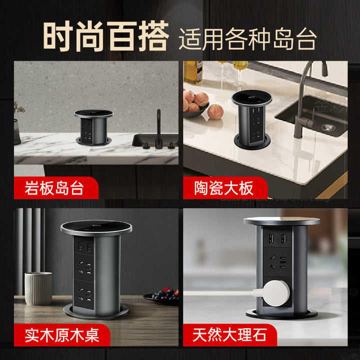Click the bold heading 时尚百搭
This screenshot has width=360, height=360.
point(106,36)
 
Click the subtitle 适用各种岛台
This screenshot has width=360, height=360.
point(247,39)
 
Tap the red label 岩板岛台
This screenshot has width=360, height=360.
point(54,188)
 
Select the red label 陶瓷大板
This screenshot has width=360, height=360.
point(223,188)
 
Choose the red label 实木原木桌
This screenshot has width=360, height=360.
point(62,335)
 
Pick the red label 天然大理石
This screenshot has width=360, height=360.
point(229,335)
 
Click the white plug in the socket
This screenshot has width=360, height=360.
point(273,293)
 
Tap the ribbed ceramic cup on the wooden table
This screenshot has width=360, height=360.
point(38,288)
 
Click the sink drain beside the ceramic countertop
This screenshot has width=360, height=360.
point(328,127)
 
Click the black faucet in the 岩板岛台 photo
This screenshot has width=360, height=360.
point(158,129)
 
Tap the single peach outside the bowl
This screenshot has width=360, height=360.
point(215,112)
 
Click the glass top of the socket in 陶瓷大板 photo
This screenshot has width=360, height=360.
point(252,98)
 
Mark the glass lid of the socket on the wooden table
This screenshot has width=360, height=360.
point(96,227)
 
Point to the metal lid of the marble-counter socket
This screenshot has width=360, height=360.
point(281,221)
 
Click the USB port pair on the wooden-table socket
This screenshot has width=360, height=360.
point(83,247)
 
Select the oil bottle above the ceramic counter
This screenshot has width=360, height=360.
point(193,72)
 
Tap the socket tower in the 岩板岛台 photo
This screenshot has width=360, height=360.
point(93,127)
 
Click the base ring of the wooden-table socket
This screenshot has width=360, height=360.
point(96,312)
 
